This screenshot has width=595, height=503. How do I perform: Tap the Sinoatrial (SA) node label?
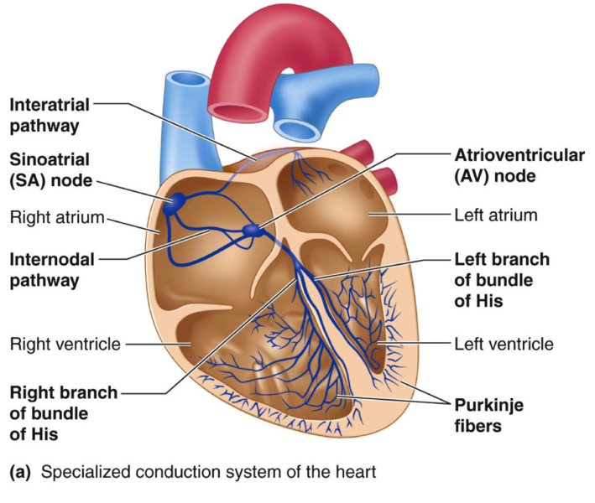pyautogui.click(x=50, y=169)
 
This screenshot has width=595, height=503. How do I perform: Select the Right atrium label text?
pyautogui.click(x=55, y=217)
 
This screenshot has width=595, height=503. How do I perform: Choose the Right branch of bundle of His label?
pyautogui.click(x=63, y=412)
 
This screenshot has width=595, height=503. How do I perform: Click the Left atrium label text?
pyautogui.click(x=495, y=215)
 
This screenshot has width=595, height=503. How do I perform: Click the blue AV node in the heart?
pyautogui.click(x=251, y=231)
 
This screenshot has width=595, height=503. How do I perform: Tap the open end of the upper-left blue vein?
pyautogui.click(x=187, y=84)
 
